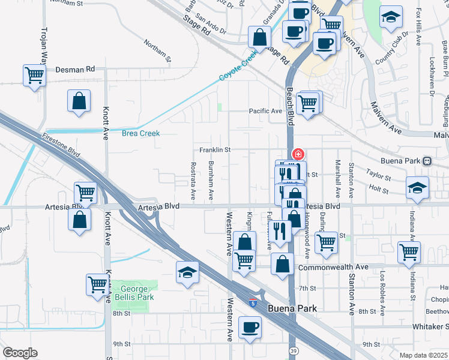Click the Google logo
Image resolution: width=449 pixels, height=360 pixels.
[20, 353]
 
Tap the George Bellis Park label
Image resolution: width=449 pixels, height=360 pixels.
[134, 293]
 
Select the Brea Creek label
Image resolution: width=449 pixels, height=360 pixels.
[140, 133]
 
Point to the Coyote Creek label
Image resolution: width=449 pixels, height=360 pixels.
[238, 65]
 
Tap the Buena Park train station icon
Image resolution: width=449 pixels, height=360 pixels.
[427, 161]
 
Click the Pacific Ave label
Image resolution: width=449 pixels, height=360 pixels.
[266, 111]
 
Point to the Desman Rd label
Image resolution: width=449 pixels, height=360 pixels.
[75, 69]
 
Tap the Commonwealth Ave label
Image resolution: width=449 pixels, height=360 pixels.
[332, 267]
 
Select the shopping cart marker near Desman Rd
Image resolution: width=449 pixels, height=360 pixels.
[35, 76]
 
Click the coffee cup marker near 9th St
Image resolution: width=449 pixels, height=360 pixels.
[250, 328]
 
